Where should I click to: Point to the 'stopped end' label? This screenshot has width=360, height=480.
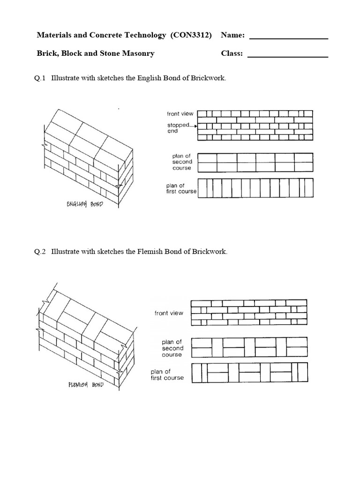point(178,128)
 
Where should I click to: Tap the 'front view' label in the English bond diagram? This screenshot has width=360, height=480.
point(180,114)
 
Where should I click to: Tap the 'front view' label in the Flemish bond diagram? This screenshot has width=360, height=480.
point(169,313)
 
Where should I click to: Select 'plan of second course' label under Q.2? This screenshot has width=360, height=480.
point(172,348)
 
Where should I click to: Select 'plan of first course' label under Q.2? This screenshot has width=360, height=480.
point(167,375)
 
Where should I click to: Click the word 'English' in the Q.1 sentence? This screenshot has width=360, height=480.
point(150,78)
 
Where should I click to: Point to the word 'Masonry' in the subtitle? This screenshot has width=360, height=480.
point(139,53)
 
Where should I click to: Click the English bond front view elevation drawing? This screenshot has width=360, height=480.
point(255,125)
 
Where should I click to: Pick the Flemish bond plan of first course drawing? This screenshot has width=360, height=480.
point(249,375)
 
